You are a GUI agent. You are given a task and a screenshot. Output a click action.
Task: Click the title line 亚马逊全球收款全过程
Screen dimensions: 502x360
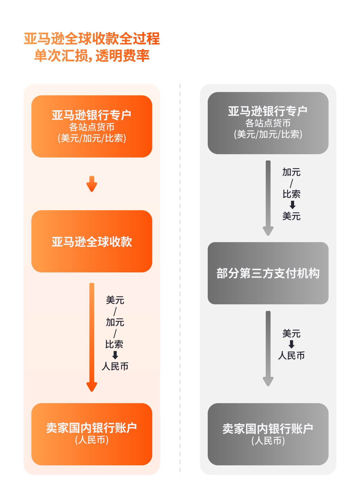click(x=92, y=39)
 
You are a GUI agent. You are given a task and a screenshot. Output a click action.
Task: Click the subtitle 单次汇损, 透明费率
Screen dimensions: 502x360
click(x=92, y=56)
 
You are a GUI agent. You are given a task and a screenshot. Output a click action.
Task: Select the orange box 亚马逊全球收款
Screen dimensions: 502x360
click(x=92, y=241)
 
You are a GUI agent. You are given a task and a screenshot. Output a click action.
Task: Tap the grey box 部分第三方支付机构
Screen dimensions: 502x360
click(x=268, y=273)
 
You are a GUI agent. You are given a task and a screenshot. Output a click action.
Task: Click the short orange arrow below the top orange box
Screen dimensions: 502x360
click(x=92, y=184)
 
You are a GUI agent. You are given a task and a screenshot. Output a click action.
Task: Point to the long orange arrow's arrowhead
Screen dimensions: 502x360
click(x=92, y=387)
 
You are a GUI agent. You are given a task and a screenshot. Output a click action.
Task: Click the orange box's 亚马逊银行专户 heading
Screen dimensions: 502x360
click(x=92, y=115)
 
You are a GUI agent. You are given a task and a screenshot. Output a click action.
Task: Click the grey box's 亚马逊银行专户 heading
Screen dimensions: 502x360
click(x=268, y=111)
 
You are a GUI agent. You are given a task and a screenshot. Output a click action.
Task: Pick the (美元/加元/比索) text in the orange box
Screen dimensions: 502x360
click(x=92, y=138)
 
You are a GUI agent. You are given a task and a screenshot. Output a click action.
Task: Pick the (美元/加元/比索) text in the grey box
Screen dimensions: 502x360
click(x=268, y=134)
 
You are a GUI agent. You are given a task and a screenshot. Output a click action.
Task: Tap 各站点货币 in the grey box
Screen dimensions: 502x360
click(x=268, y=123)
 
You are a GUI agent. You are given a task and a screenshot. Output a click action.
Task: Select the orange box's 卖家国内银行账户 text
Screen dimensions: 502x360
click(x=92, y=428)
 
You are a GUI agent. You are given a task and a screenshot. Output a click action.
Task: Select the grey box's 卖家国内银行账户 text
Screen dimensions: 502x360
click(x=268, y=429)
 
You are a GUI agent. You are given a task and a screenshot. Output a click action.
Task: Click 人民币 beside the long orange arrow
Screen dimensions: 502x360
click(x=115, y=366)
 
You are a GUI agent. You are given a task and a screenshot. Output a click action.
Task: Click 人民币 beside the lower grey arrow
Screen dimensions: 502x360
click(x=291, y=355)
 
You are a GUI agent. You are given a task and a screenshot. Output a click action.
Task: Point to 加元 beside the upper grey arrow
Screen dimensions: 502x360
click(x=291, y=172)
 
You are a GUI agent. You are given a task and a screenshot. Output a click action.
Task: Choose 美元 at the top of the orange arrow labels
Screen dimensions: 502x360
click(x=115, y=300)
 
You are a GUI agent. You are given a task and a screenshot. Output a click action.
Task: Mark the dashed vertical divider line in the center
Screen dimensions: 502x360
click(x=180, y=278)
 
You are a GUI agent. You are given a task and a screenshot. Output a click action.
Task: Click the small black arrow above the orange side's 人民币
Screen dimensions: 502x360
click(x=115, y=355)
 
